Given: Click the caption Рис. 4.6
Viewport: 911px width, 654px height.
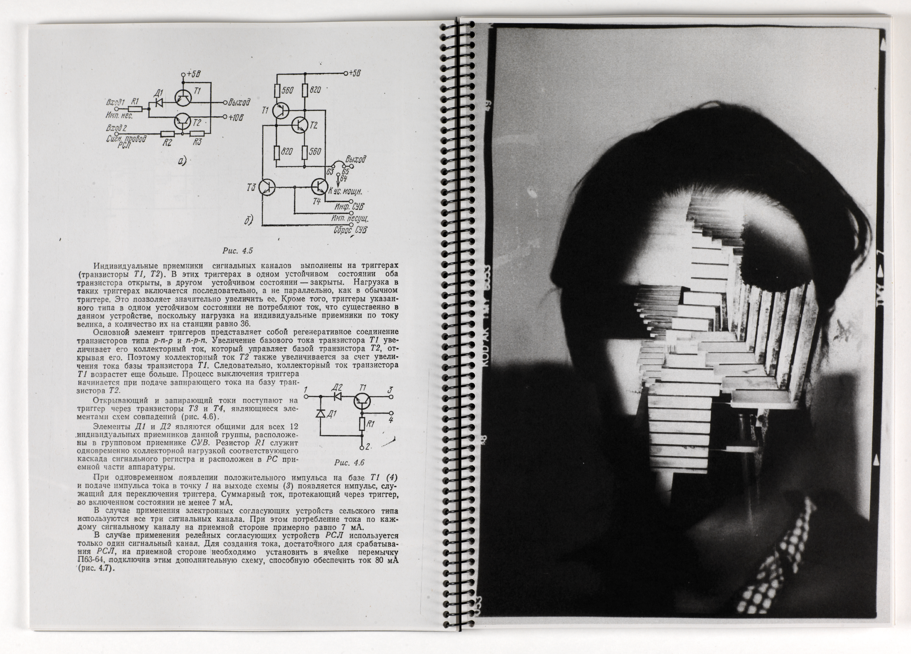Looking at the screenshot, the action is (x=349, y=462).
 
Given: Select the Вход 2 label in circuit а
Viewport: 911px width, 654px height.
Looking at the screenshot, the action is (x=116, y=128).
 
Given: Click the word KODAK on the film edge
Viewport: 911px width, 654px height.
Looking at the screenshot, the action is (x=484, y=350).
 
